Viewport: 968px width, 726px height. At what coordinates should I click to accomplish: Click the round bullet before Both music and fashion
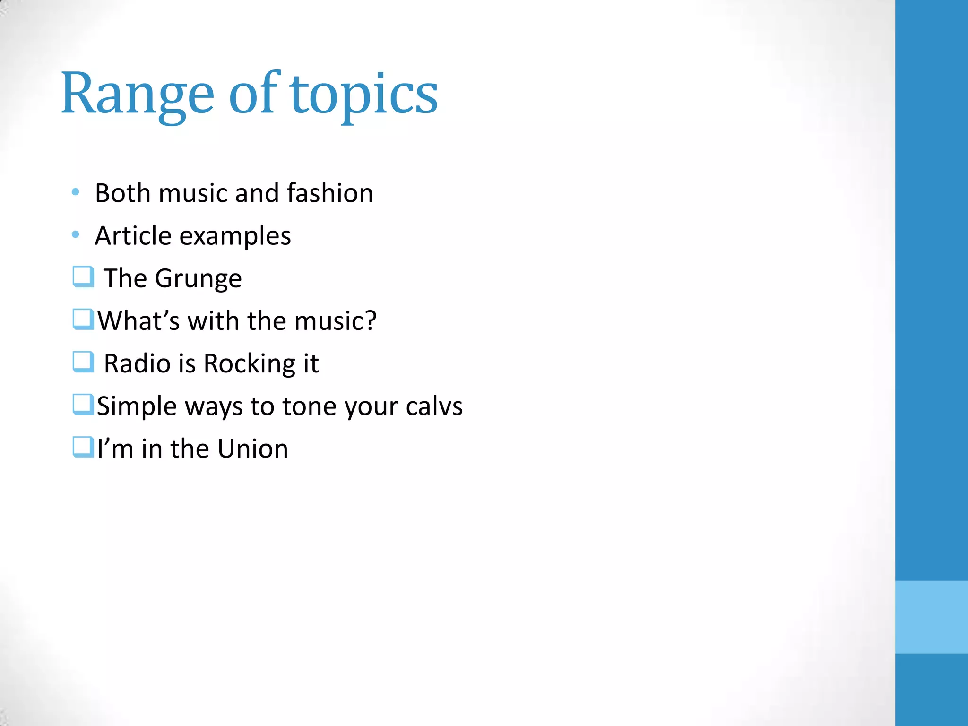[75, 192]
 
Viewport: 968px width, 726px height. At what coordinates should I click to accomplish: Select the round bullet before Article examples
[75, 234]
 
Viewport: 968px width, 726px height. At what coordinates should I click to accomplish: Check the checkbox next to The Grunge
[83, 277]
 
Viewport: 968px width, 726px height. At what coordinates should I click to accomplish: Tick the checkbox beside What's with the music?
[83, 319]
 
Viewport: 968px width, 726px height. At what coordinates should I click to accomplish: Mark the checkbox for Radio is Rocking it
[83, 362]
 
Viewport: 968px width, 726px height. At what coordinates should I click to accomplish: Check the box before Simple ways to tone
[83, 404]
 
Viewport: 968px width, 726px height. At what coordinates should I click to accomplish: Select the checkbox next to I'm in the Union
[83, 447]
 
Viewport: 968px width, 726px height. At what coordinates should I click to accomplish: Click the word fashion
[329, 193]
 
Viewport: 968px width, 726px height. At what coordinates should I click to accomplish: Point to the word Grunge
[198, 279]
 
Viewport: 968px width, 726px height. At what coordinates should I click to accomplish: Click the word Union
[253, 449]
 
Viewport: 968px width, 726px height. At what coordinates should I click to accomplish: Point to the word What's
[138, 321]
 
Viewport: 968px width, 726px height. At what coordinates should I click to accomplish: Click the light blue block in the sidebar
[931, 617]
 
